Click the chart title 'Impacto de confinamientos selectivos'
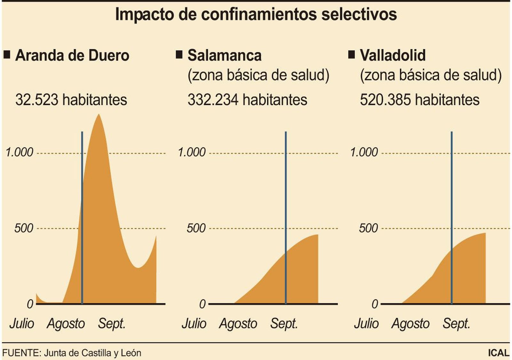click(x=256, y=14)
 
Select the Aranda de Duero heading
click(x=72, y=55)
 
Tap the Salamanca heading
click(x=224, y=55)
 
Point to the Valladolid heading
click(x=393, y=55)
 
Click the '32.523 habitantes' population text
click(x=71, y=100)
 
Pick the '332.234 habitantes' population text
click(x=247, y=100)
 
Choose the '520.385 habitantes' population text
click(x=420, y=100)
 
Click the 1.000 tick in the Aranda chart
click(x=20, y=152)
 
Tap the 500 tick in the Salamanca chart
click(x=196, y=228)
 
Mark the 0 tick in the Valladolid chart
click(x=375, y=304)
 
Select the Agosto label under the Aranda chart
click(x=66, y=324)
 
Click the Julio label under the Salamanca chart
click(x=194, y=324)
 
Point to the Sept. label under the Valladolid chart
click(x=456, y=324)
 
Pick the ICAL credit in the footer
click(x=499, y=353)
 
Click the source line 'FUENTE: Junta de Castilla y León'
click(x=72, y=353)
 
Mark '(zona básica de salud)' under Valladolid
click(x=431, y=76)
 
